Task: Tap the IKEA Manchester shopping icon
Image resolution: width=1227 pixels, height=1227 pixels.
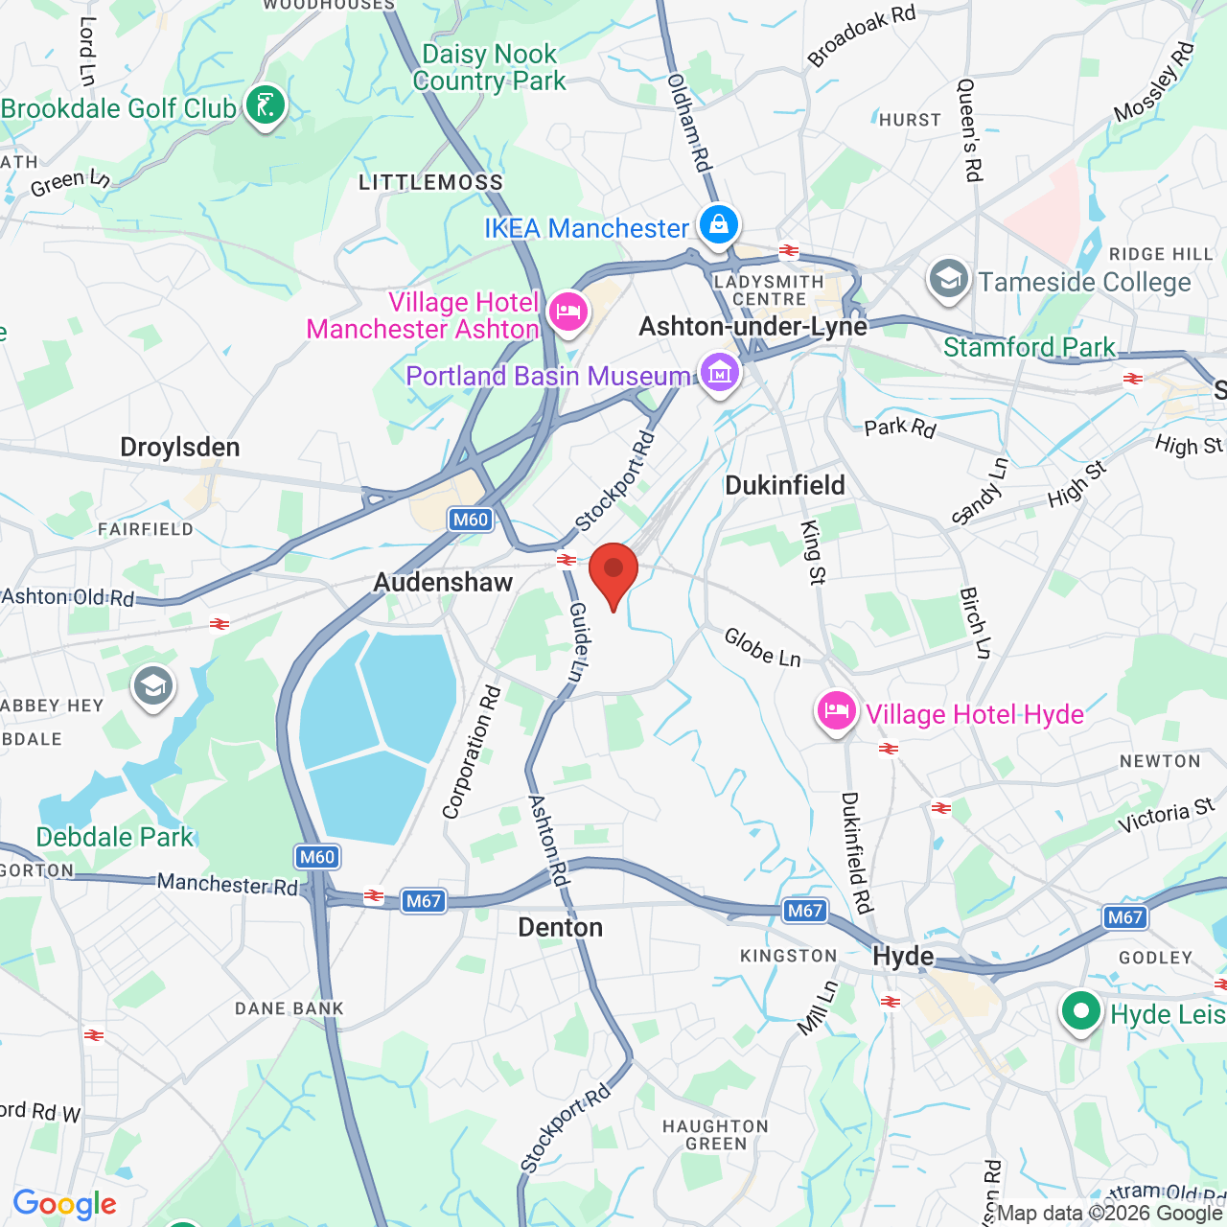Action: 718,226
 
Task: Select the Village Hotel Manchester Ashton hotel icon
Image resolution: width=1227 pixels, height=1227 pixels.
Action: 568,313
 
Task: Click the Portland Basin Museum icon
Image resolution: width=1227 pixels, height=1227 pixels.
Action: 719,374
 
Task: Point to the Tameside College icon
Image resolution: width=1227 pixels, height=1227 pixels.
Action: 948,280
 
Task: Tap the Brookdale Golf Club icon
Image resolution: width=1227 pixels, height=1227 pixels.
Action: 266,105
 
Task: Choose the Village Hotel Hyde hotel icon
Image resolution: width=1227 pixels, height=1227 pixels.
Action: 837,712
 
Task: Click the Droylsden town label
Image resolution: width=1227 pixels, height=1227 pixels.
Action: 180,448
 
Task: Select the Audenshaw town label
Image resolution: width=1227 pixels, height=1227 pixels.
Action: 443,582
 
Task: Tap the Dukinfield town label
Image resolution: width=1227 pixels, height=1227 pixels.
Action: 785,485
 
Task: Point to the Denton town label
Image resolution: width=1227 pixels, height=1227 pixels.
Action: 561,927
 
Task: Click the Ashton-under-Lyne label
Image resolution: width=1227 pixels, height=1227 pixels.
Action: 752,327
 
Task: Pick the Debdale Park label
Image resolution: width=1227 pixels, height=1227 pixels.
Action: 115,837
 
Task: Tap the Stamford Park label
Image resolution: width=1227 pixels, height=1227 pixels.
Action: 1030,347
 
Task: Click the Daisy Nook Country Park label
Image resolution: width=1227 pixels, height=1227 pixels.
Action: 490,67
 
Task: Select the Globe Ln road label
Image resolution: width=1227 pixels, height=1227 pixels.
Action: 762,647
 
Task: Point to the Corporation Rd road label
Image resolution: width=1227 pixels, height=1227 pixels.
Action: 472,752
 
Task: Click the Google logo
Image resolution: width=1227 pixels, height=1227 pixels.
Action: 65,1204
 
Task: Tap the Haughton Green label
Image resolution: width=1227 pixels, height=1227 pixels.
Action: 716,1135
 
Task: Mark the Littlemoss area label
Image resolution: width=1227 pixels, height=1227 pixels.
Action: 430,182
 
